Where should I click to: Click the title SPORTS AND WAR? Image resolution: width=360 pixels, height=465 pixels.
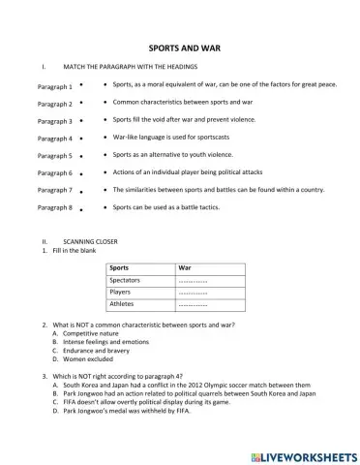(x=180, y=46)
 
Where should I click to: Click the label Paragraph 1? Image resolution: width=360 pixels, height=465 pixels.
(x=54, y=86)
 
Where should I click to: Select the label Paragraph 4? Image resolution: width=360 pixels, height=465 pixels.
(x=54, y=139)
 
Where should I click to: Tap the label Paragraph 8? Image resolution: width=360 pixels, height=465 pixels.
(x=54, y=207)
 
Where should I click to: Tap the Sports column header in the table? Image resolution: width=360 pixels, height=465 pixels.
(x=120, y=266)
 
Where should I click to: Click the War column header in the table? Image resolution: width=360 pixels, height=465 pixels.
(x=186, y=266)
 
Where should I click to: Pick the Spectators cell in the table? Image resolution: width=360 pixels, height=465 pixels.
(x=126, y=279)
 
